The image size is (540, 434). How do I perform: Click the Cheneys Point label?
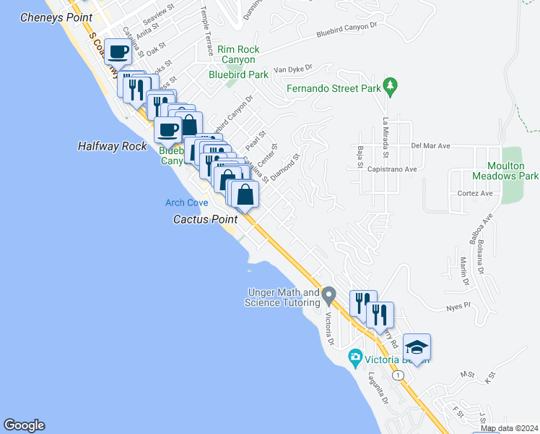[56, 17]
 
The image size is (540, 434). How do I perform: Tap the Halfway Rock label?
[112, 146]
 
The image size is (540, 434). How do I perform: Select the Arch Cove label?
[186, 203]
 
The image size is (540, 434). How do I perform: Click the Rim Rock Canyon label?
[237, 55]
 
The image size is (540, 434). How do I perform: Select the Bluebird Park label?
[238, 75]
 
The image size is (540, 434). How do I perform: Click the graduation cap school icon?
[417, 347]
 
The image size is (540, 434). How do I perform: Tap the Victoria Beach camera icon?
[354, 357]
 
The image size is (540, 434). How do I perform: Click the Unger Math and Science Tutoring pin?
[329, 295]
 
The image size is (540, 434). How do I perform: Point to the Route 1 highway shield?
[398, 375]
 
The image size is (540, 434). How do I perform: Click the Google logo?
[24, 425]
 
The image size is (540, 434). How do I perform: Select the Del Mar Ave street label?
[430, 146]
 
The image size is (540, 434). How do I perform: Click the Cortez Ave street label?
[475, 194]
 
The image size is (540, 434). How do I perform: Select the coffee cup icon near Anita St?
[118, 52]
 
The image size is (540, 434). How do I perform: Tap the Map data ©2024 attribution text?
[509, 428]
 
